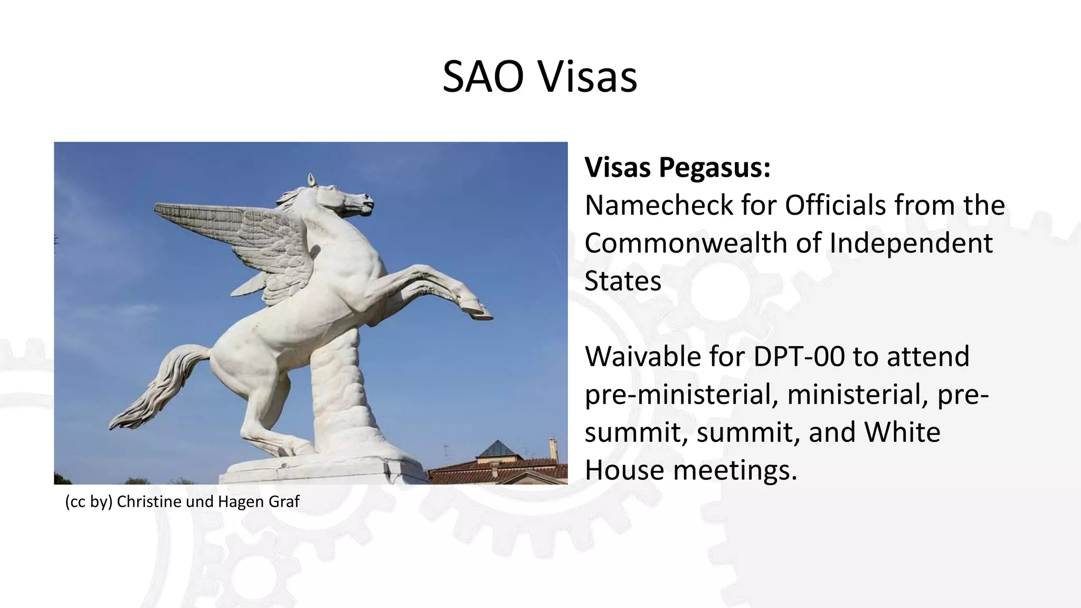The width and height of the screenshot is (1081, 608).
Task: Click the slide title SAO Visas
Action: click(539, 77)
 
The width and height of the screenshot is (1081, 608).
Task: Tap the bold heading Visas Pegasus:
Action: click(677, 167)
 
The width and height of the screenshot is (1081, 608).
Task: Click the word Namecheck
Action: click(658, 205)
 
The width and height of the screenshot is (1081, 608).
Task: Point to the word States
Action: click(623, 281)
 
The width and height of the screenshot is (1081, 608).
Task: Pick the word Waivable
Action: click(664, 356)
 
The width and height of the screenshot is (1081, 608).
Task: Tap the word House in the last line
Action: click(624, 469)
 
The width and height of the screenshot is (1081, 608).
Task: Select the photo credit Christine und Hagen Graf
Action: click(207, 501)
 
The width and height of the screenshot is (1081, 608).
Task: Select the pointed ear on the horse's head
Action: click(311, 179)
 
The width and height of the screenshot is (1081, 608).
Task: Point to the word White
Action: click(902, 432)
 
